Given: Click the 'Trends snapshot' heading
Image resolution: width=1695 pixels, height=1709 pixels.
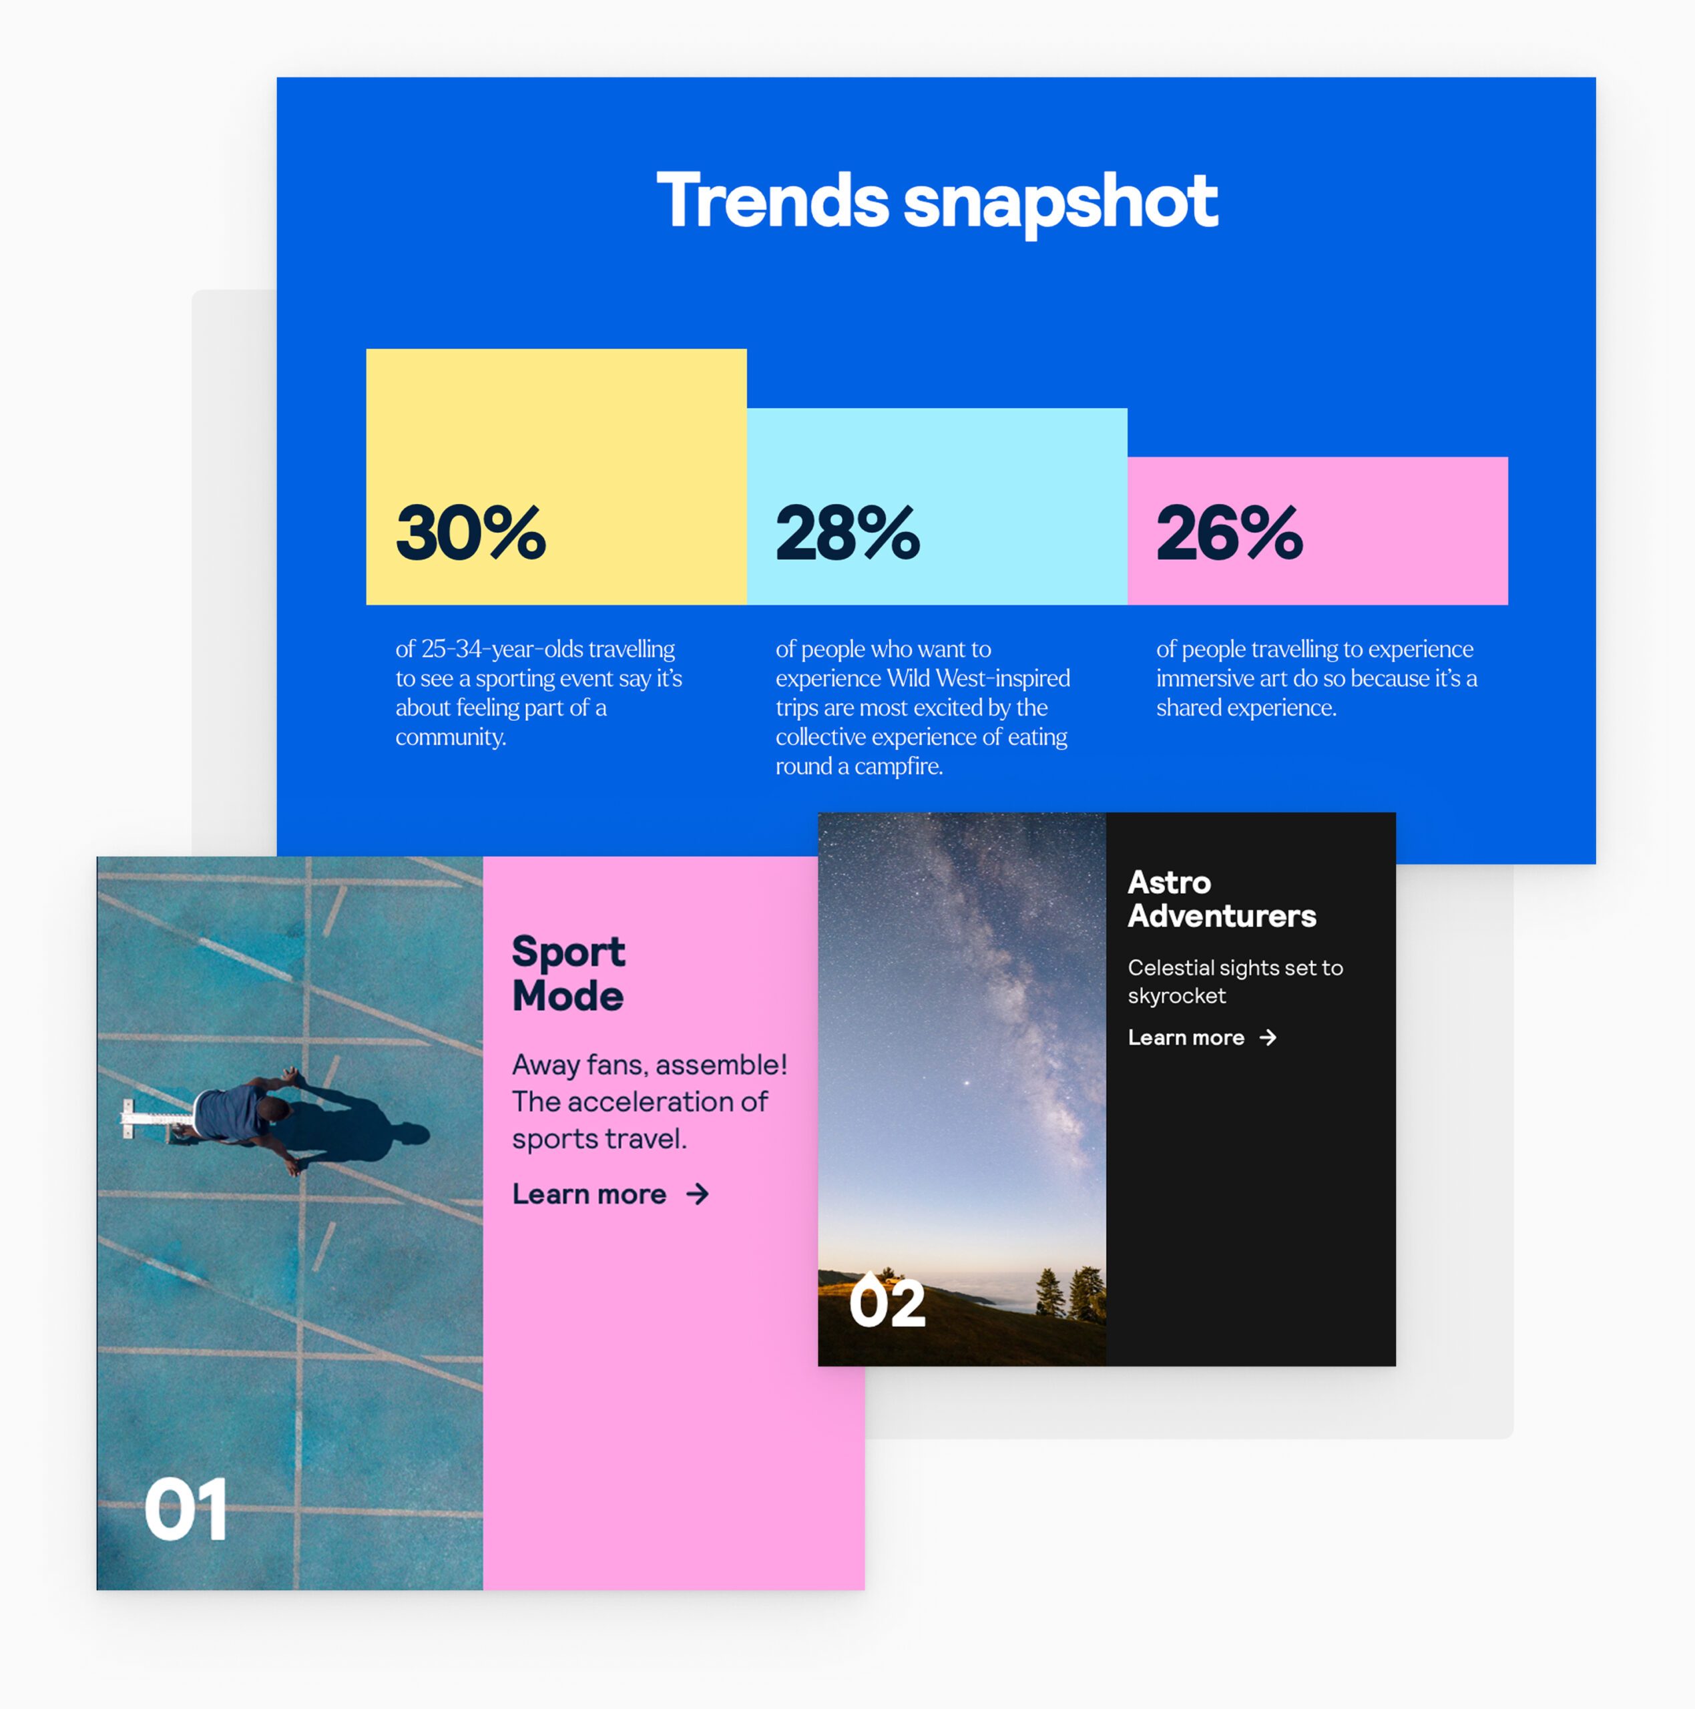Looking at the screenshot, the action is click(937, 202).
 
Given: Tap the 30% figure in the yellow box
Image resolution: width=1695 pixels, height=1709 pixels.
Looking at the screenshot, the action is click(471, 533).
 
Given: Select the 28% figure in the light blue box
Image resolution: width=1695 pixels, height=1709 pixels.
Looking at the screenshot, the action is click(848, 533).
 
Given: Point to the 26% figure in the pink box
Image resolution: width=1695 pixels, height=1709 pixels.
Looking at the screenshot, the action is click(1230, 533).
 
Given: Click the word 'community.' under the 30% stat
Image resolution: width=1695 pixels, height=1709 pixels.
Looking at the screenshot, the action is click(451, 737).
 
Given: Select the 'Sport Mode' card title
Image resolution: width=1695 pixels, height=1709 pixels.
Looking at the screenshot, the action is click(569, 973).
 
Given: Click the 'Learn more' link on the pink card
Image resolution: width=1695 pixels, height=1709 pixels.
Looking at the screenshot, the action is click(589, 1194).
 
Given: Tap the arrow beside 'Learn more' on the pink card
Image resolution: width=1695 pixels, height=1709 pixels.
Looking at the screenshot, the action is click(698, 1194).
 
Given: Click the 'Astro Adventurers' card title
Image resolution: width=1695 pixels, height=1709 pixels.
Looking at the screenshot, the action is click(1222, 899).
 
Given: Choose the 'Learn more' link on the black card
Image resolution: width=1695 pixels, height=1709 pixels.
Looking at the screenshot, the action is click(1186, 1037).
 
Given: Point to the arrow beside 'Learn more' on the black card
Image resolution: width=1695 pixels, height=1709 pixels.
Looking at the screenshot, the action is click(1268, 1037).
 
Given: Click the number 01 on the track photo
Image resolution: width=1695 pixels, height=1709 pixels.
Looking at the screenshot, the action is click(186, 1509).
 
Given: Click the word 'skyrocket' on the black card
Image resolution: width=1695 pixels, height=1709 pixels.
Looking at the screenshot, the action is click(1176, 996).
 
